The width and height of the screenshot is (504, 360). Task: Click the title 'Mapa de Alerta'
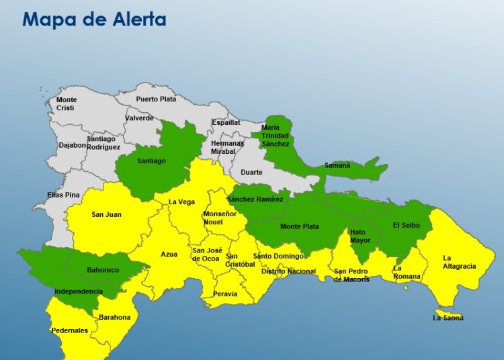tap(94, 19)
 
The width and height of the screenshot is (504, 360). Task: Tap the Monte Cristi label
tap(66, 104)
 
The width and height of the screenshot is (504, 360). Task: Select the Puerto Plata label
tap(156, 99)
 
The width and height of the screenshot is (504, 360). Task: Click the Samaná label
tap(337, 165)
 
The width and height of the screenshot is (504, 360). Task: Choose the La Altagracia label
tap(459, 262)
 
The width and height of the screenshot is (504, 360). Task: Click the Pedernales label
tap(69, 330)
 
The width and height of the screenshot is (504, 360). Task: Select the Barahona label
tap(114, 317)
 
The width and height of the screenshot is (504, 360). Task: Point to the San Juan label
tap(106, 215)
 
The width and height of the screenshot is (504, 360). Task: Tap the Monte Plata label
tap(300, 226)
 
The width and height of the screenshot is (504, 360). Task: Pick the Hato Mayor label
tap(360, 236)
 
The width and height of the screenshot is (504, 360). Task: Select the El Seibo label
tap(406, 225)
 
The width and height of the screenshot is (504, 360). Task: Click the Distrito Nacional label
tap(288, 271)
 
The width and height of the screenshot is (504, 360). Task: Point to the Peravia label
tap(225, 294)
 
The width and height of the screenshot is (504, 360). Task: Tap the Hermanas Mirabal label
tap(228, 148)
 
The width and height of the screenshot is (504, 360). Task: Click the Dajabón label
tap(73, 144)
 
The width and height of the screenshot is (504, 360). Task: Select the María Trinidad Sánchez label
tap(276, 136)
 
